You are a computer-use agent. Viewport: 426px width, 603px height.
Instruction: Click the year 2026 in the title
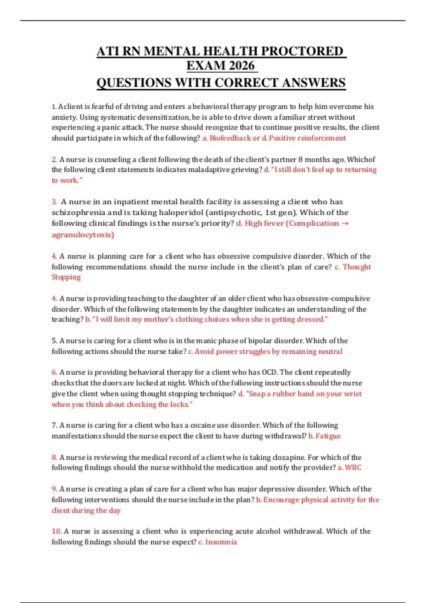[242, 66]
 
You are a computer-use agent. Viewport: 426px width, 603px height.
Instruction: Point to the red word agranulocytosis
[83, 234]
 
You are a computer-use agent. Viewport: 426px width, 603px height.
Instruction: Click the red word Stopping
[66, 277]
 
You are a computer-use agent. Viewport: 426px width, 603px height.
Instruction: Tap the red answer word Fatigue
[328, 436]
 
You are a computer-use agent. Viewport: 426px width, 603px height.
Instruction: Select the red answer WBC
[353, 468]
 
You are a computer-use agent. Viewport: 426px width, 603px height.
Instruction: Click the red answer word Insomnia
[221, 542]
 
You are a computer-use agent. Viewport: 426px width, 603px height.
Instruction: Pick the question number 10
[56, 531]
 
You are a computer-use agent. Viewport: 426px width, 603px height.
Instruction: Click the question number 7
[54, 425]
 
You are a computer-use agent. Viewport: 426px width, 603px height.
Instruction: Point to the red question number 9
[54, 489]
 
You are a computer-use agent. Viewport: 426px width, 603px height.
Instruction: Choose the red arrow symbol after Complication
[345, 223]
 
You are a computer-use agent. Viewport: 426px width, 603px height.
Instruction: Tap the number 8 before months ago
[301, 159]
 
